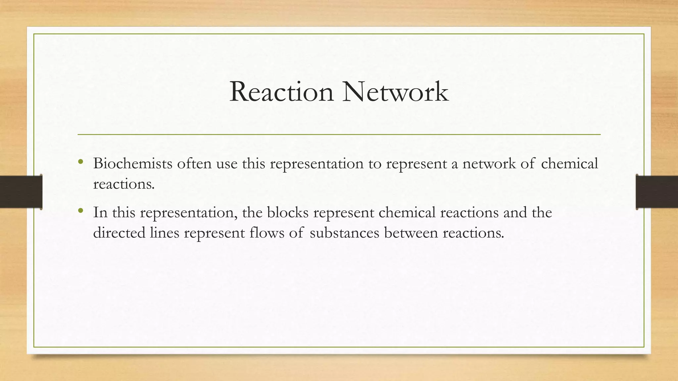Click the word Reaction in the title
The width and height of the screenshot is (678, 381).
coord(281,92)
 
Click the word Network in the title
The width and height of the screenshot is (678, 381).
coord(395,92)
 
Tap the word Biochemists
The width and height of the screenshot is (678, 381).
coord(132,163)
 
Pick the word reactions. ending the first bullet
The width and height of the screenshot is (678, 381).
coord(124,184)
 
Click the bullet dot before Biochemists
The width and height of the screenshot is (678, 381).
coord(80,162)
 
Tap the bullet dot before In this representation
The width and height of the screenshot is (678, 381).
coord(80,210)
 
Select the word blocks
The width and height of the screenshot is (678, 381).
coord(288,212)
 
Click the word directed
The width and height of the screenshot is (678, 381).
coord(119,233)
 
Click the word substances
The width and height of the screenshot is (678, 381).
coord(344,233)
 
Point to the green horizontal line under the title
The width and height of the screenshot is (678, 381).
coord(339,135)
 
